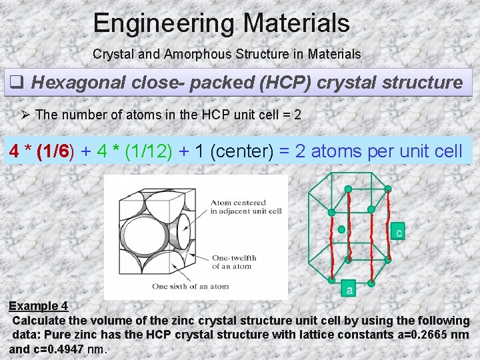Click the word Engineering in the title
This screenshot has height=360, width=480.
(164, 24)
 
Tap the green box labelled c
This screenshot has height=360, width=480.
(398, 233)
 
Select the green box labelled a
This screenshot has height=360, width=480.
(350, 289)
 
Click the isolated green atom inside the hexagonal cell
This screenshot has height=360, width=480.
(342, 229)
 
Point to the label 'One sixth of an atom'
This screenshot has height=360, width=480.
(190, 287)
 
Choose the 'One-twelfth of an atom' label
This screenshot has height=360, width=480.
(233, 262)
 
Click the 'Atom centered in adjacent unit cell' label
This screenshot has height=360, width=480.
(247, 207)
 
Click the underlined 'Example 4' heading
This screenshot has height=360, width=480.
(38, 306)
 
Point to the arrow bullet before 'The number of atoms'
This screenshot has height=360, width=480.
(26, 115)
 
